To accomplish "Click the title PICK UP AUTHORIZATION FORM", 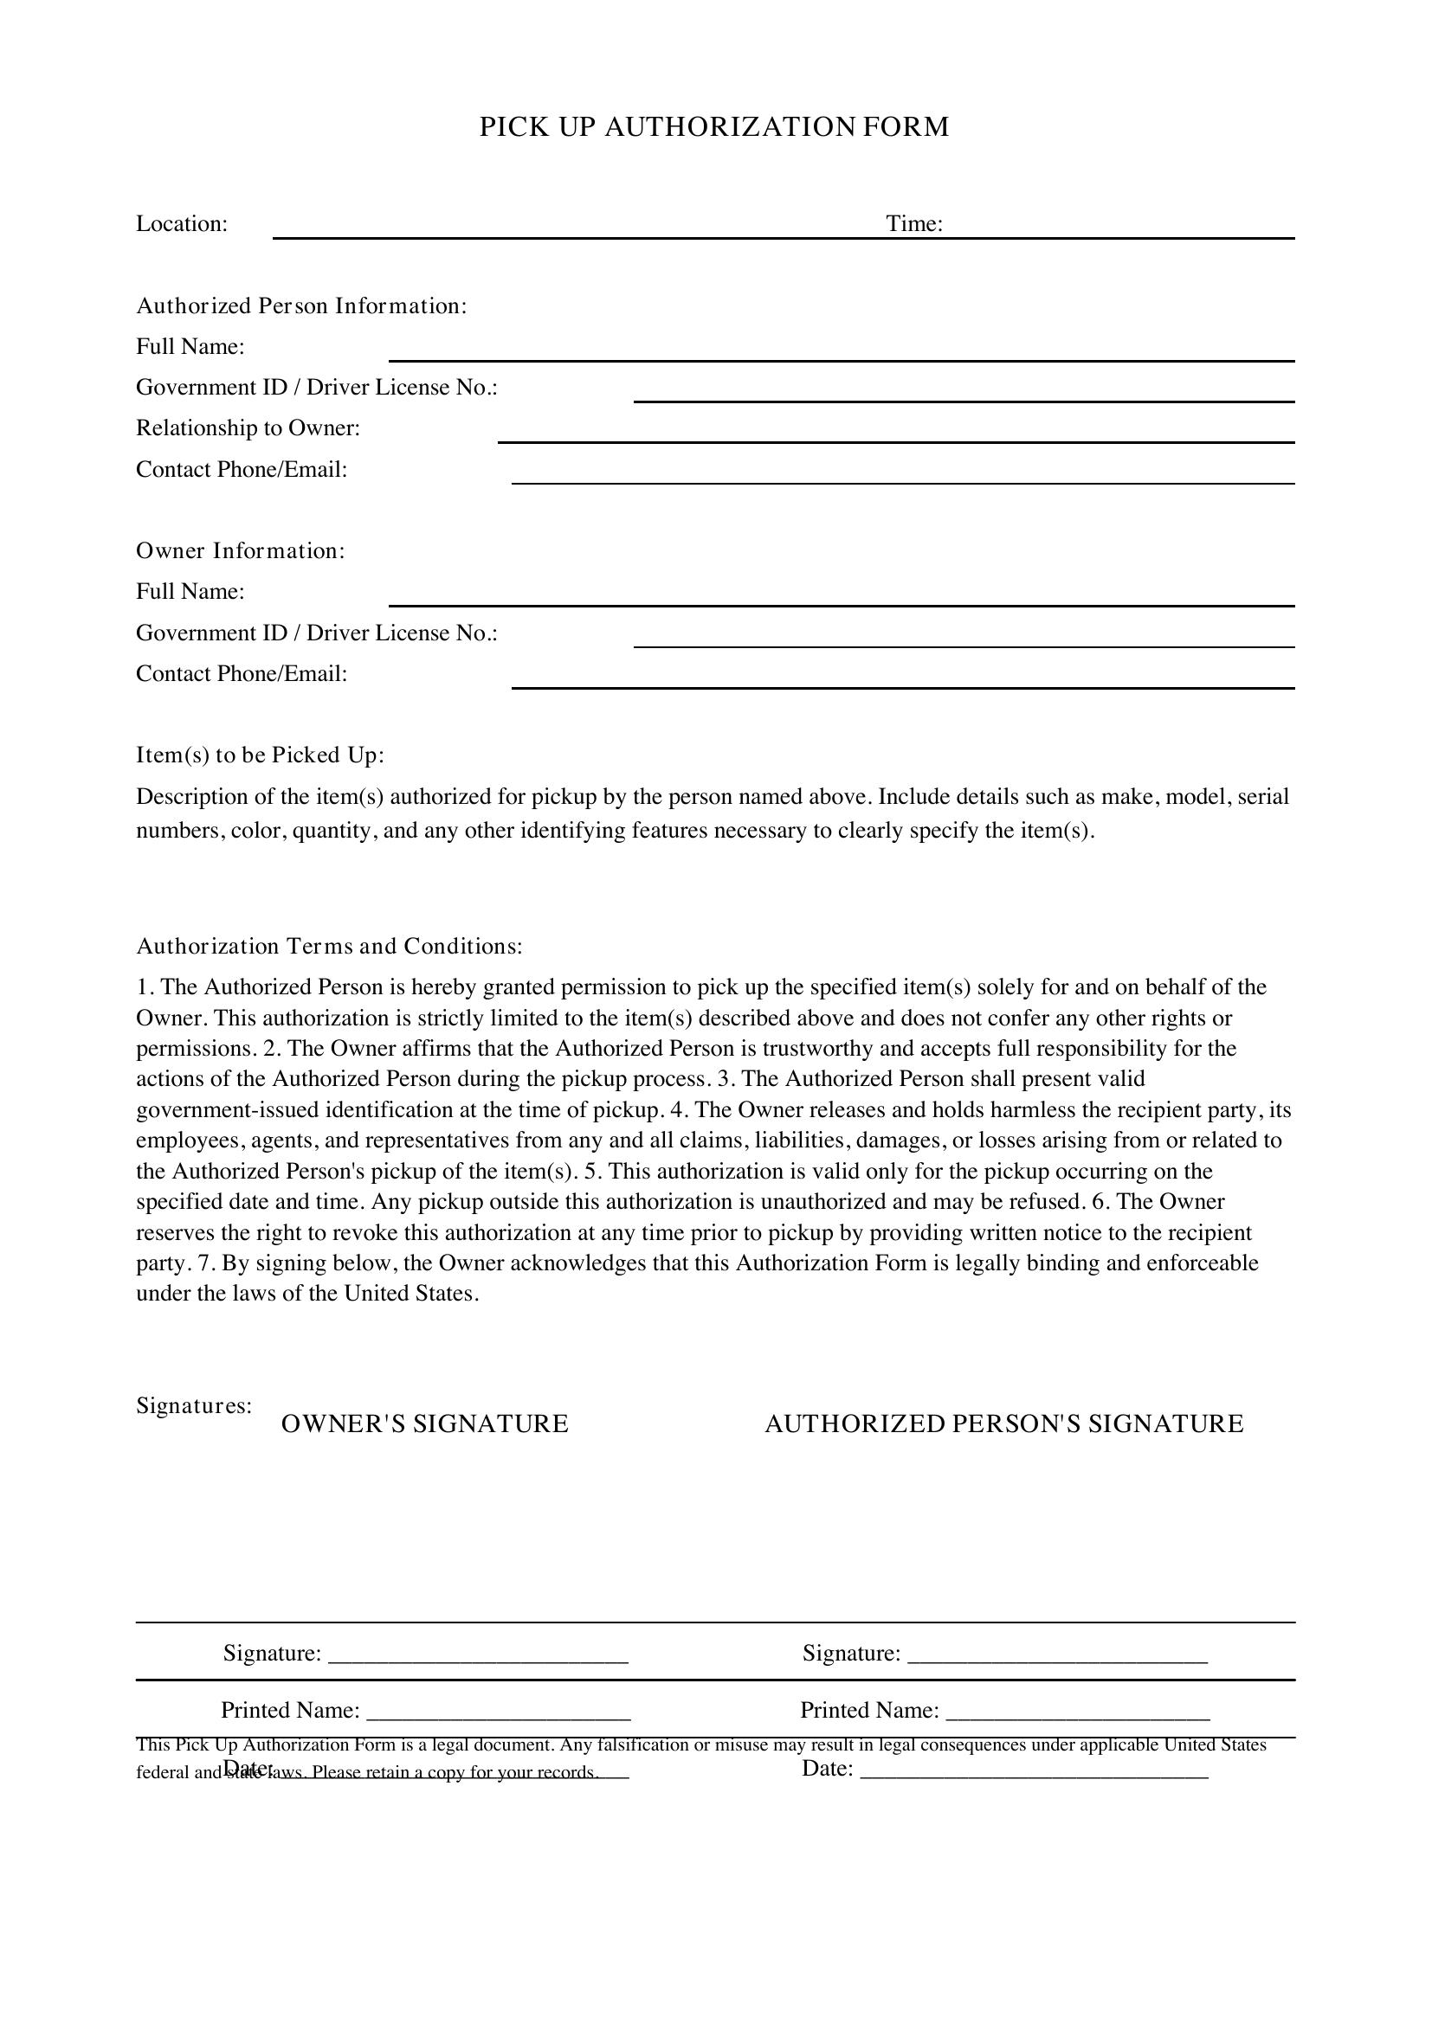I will point(714,127).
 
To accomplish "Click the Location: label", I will point(182,224).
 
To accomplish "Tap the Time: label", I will point(914,224).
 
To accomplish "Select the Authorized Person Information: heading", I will point(300,305).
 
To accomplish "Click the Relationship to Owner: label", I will point(248,428).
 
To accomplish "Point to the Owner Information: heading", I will point(240,551).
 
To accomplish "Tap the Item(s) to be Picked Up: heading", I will point(260,755).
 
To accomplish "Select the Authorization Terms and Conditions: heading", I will point(329,947).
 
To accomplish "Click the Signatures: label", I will point(194,1405).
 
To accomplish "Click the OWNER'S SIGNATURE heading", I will point(424,1424).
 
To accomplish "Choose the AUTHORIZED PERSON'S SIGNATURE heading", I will point(1003,1424).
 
